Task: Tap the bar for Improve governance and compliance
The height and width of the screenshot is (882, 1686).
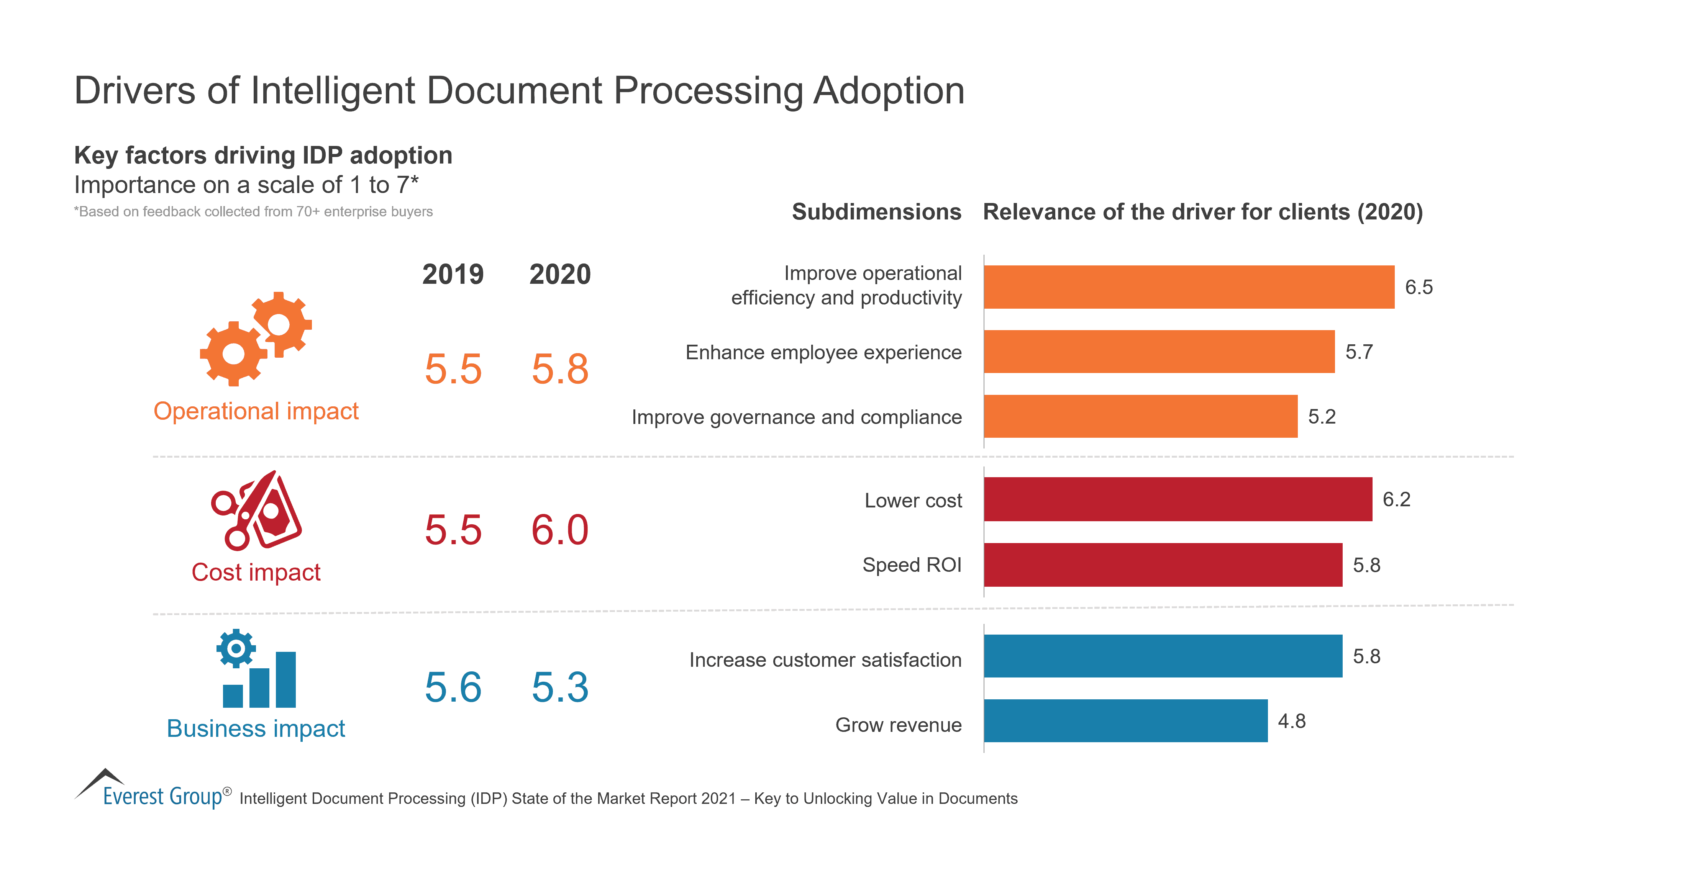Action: click(1140, 416)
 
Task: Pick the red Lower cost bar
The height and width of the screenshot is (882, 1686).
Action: click(1178, 499)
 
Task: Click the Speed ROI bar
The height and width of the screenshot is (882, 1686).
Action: click(1163, 565)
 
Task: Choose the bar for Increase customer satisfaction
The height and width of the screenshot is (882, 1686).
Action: click(1163, 656)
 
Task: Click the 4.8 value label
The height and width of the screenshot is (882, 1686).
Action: click(1291, 721)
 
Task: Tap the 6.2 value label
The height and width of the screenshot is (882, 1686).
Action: click(1396, 500)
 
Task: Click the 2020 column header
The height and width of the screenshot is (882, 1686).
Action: click(559, 274)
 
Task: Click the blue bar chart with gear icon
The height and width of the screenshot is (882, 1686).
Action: click(257, 669)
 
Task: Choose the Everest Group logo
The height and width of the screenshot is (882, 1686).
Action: click(153, 789)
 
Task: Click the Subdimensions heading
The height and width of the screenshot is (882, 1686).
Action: click(876, 212)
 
